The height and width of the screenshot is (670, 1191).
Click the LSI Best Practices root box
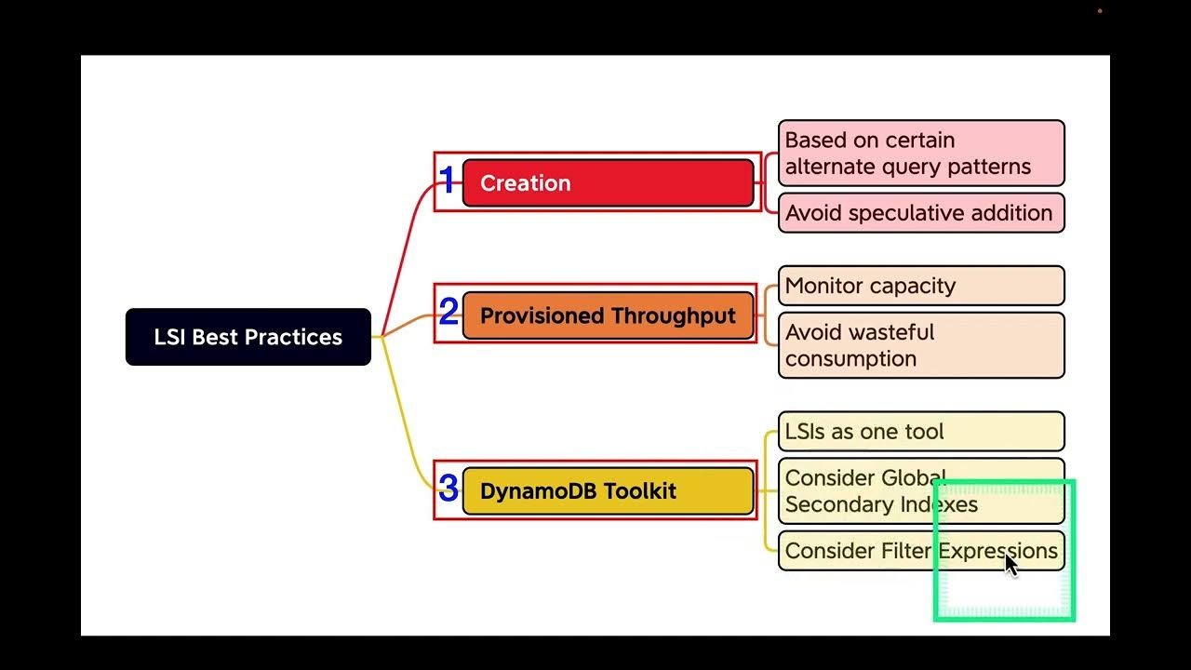point(248,337)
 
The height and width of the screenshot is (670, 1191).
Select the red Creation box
point(608,182)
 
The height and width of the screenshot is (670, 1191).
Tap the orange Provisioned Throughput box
point(608,315)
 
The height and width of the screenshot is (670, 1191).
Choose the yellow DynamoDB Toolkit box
point(608,490)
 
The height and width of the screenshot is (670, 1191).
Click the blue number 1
point(448,181)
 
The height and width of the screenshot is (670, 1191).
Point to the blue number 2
point(448,313)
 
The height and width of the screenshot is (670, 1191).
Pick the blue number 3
point(448,489)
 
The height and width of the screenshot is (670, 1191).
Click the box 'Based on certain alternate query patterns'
point(920,153)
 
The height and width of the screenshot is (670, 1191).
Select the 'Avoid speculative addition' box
point(920,213)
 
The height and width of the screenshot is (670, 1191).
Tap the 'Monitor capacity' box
point(920,286)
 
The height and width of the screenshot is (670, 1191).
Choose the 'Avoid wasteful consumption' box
point(920,345)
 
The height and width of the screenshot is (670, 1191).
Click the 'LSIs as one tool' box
point(920,432)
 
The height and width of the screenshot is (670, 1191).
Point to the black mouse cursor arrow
point(1010,564)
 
